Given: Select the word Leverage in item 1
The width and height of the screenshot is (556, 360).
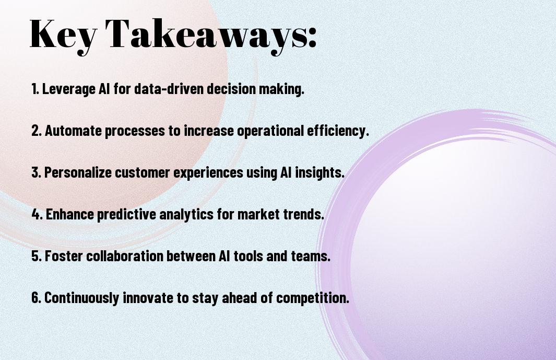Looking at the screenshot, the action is point(69,89).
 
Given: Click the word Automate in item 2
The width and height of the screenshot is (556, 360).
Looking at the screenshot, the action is point(74,131).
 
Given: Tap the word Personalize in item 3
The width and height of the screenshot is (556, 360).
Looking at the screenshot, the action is point(77,172).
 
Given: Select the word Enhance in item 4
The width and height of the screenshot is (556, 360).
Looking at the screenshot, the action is point(70,214).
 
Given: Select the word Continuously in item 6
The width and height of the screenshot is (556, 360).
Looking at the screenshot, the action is point(81,298).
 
